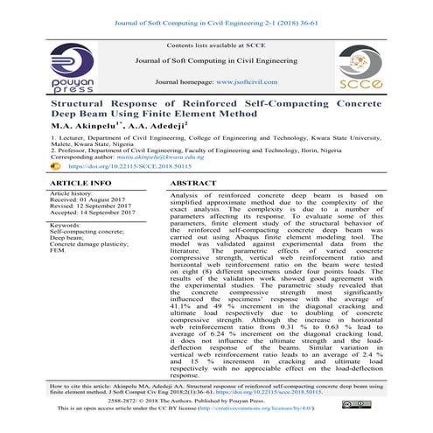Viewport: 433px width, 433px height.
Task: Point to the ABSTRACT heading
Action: tap(192, 184)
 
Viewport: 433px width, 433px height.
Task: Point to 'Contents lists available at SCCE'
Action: tap(216, 43)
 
